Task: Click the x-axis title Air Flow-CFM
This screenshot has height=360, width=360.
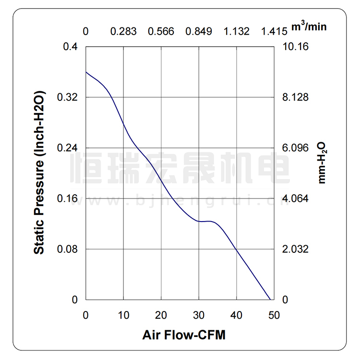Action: [184, 335]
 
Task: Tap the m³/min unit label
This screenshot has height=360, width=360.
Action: [309, 26]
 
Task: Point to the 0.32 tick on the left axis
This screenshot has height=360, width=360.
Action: [67, 97]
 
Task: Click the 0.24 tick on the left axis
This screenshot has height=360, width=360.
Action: [67, 148]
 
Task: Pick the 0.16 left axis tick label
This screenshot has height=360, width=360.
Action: [67, 199]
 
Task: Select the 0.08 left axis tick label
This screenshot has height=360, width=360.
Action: [67, 249]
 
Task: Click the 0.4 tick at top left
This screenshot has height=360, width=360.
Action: [71, 47]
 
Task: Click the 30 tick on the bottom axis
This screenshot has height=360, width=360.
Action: [198, 315]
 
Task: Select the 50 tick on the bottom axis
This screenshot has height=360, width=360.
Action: [274, 315]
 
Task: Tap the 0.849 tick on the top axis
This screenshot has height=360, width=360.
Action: [199, 32]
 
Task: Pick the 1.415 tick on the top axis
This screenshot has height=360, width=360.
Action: [274, 32]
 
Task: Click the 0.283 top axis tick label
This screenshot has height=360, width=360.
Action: [123, 32]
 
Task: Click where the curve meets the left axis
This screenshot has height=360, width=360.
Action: [86, 72]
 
